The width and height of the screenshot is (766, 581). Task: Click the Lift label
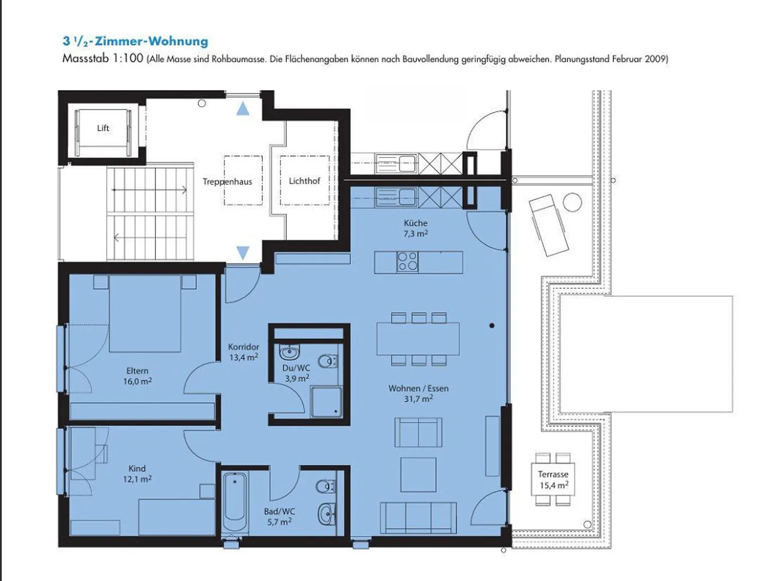click(x=103, y=128)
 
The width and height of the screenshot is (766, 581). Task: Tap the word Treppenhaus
click(x=227, y=182)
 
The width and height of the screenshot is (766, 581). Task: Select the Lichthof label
click(x=304, y=181)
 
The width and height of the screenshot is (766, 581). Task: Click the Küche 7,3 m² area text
click(x=415, y=228)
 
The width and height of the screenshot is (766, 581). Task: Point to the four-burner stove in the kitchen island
click(x=407, y=262)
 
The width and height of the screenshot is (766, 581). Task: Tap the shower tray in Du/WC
click(x=326, y=401)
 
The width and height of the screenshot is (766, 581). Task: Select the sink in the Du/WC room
click(x=289, y=352)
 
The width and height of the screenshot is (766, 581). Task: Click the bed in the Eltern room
click(x=145, y=313)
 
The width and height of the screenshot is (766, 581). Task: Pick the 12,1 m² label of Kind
click(x=137, y=479)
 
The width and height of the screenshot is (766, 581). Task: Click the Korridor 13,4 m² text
click(x=244, y=352)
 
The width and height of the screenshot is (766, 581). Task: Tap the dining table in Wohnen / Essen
click(x=418, y=339)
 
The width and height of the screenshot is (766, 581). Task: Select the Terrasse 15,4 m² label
click(x=553, y=480)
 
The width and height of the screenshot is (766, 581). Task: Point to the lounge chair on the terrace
click(x=548, y=225)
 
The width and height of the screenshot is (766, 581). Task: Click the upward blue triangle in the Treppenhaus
click(x=243, y=108)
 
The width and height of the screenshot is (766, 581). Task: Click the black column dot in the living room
click(x=492, y=325)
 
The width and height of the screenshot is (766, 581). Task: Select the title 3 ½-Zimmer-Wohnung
click(x=136, y=41)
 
